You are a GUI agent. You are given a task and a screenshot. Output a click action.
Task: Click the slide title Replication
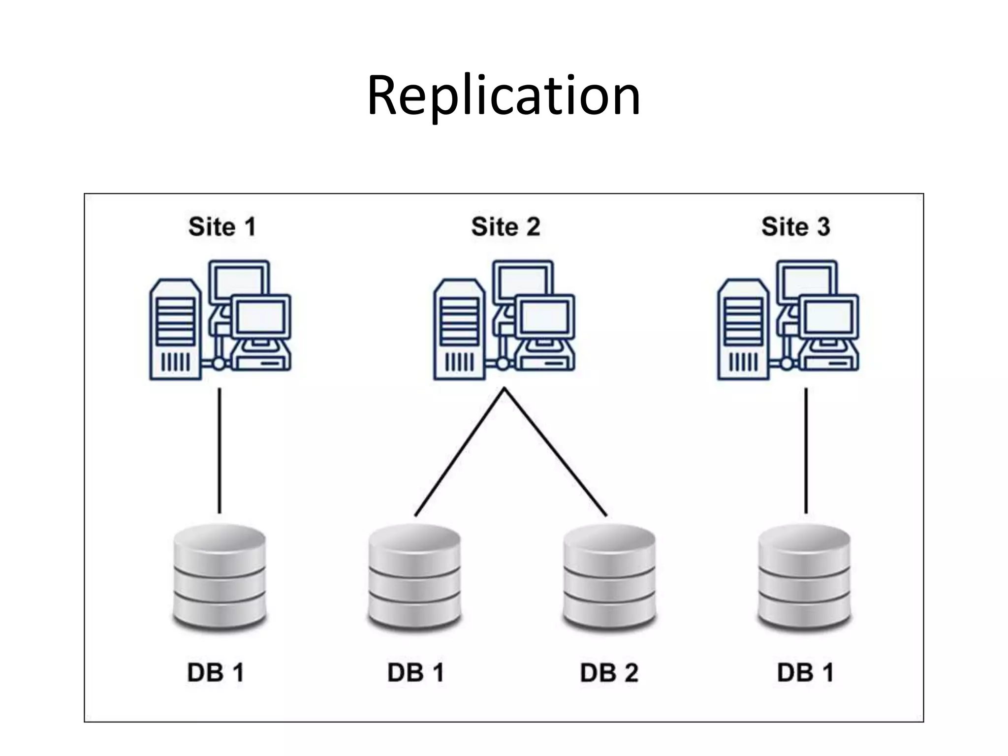coord(504,96)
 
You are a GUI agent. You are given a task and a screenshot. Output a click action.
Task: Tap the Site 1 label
coord(222,227)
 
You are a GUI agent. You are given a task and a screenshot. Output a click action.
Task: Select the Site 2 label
coord(505,227)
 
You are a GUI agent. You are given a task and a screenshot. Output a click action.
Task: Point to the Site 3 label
coord(795,227)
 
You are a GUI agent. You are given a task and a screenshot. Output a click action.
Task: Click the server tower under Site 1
coord(175,330)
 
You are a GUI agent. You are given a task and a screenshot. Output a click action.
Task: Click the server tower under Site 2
coord(459,330)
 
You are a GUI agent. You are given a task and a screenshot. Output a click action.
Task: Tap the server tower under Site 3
coord(743,330)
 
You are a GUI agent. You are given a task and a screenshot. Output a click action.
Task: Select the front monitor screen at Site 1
coord(261,317)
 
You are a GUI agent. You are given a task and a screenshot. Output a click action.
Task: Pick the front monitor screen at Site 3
coord(829,317)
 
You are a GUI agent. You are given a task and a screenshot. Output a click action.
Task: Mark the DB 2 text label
coord(609,673)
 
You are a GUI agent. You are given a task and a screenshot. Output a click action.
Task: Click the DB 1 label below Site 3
coord(805,673)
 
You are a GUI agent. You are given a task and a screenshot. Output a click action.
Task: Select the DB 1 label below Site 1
coord(216,673)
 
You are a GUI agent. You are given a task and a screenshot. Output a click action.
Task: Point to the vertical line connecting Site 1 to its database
coord(220,450)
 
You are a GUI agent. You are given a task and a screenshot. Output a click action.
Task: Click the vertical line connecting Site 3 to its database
coord(806,450)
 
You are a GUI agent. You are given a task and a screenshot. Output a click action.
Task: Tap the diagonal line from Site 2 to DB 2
coord(555,452)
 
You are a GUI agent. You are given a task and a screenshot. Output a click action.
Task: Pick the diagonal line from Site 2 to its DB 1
coord(460,452)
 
